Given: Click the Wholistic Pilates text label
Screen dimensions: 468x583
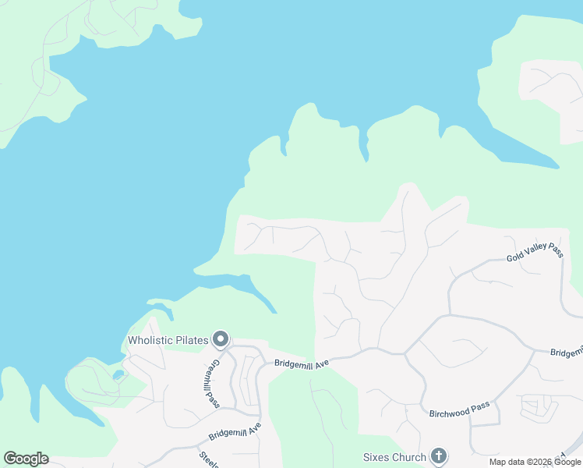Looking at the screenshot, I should (168, 339).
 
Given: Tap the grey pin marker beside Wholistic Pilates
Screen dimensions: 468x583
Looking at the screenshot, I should (221, 339).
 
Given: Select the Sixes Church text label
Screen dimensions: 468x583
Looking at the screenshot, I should (395, 457).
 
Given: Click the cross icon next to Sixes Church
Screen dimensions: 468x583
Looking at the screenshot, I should (439, 456).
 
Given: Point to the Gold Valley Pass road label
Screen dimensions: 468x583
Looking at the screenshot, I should (535, 251).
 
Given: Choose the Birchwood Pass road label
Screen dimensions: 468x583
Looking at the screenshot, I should (459, 410).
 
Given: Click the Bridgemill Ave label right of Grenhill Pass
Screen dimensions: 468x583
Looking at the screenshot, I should (302, 363).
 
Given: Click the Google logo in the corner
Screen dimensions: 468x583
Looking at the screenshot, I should (26, 459).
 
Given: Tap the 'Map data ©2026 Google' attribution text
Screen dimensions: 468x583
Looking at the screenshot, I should (535, 462).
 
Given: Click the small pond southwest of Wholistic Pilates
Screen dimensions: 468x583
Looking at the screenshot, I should (117, 375).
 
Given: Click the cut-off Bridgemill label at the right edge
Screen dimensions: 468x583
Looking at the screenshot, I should (566, 353).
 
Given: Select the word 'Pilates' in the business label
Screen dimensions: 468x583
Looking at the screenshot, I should (191, 339).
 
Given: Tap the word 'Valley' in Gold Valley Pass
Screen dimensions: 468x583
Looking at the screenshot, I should (535, 251).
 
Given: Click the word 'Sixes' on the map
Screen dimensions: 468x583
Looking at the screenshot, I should (376, 457).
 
